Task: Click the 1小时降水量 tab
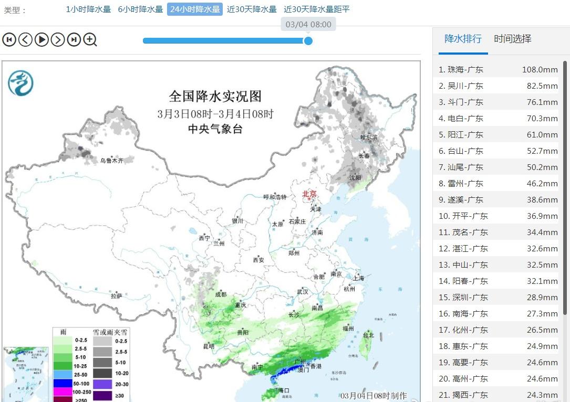[88, 9]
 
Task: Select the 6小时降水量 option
[140, 9]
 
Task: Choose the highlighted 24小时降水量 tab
[194, 9]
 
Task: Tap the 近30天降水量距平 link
[316, 9]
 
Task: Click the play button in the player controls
[42, 39]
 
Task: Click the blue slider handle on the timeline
[308, 40]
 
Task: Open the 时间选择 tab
[512, 39]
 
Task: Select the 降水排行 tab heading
[463, 39]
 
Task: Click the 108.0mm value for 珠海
[540, 69]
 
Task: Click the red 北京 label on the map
[309, 194]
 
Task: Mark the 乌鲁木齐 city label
[111, 161]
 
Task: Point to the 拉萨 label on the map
[117, 295]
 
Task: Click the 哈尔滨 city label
[369, 137]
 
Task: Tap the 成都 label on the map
[221, 294]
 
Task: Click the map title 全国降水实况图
[215, 97]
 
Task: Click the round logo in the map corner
[20, 83]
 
